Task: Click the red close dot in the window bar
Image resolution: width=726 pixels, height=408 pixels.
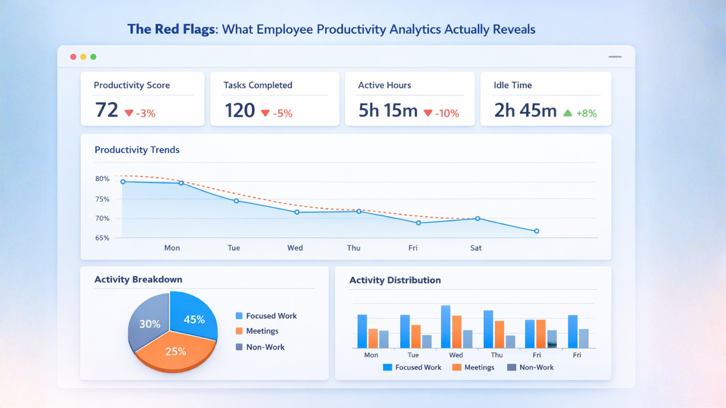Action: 73,57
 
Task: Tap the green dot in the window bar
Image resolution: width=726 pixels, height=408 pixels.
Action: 93,57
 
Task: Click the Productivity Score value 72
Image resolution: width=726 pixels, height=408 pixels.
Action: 107,110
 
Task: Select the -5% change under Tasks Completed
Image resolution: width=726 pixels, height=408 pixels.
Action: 282,113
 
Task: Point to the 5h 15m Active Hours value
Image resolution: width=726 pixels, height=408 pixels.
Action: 388,111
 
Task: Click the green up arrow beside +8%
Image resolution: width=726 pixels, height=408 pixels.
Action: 568,113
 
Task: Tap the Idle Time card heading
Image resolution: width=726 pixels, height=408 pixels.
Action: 513,85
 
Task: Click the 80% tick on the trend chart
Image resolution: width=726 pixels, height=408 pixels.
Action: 102,179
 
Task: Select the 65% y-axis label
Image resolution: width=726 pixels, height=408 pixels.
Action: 102,238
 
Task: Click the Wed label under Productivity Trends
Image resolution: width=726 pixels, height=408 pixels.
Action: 295,248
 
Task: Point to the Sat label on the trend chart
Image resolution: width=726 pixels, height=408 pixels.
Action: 476,248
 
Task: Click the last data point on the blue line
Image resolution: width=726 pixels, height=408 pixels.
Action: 536,231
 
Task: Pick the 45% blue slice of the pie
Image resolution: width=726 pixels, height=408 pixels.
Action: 193,317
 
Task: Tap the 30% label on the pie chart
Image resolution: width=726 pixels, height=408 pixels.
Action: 150,324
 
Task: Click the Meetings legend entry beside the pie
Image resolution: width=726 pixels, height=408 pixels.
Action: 262,331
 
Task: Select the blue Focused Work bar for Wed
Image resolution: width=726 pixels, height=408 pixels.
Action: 446,326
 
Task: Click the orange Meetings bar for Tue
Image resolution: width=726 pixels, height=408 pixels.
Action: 416,336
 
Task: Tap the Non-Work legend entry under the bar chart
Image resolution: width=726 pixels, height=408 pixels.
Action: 536,368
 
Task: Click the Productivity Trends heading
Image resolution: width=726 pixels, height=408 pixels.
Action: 137,150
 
